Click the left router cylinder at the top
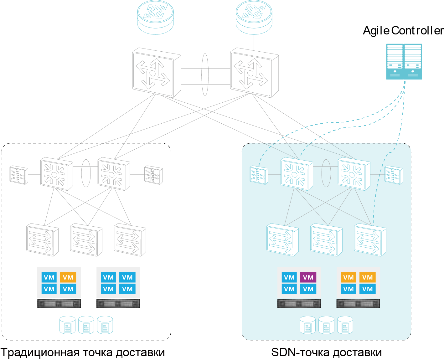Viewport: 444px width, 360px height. [x=155, y=17]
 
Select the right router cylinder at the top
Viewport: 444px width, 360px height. [x=254, y=17]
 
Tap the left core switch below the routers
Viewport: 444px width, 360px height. [x=156, y=73]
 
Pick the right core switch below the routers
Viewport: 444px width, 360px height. [x=254, y=73]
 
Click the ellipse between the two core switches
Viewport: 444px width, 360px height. [x=205, y=75]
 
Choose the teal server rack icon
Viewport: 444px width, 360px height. [x=404, y=61]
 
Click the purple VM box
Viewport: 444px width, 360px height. [x=308, y=277]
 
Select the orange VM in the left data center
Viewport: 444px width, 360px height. [x=68, y=277]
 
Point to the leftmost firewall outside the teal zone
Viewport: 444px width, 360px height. [x=19, y=175]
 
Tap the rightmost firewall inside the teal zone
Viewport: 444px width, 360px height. [x=394, y=175]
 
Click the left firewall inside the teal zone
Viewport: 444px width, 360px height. [x=259, y=175]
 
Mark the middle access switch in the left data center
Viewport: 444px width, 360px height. [x=86, y=240]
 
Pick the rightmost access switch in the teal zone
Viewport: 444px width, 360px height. [x=370, y=240]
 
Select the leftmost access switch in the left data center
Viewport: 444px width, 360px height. [x=42, y=240]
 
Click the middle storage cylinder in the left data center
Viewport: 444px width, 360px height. [x=86, y=325]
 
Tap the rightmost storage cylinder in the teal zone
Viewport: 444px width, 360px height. [x=345, y=325]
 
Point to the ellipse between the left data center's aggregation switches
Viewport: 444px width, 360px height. [x=86, y=173]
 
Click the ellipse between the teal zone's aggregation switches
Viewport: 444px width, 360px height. [x=326, y=173]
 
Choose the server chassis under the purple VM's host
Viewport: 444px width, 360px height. [x=299, y=303]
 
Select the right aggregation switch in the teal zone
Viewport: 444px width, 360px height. [x=354, y=174]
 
